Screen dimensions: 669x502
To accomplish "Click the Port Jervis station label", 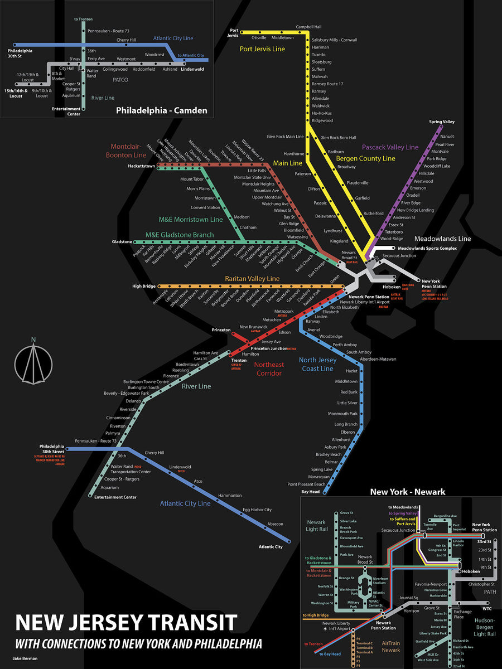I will (234, 32).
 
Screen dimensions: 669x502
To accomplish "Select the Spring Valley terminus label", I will (442, 122).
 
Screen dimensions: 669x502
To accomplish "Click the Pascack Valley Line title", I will (390, 147).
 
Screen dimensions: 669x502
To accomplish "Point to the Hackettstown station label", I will (141, 166).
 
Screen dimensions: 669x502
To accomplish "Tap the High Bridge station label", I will (144, 287).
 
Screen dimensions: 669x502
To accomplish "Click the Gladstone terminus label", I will (122, 242).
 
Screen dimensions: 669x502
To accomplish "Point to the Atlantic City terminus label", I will (271, 547).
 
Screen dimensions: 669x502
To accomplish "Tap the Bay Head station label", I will (310, 492).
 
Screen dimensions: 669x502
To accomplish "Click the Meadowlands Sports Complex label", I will (427, 248).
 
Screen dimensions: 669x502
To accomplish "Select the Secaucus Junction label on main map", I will (399, 255).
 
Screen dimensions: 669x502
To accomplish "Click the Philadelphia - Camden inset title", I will (161, 110).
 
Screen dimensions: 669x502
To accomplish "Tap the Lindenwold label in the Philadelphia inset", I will (192, 69).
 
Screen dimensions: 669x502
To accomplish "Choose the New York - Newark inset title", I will (408, 492).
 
